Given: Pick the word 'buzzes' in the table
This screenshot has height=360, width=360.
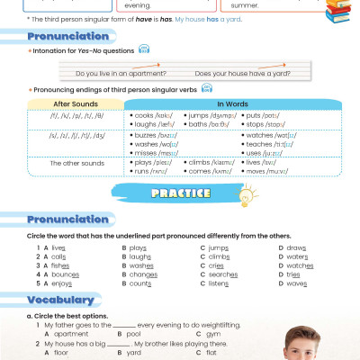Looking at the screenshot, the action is [146, 135].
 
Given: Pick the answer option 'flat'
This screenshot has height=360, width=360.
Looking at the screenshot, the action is [214, 354].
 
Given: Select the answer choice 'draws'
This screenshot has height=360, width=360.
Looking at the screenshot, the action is [297, 247].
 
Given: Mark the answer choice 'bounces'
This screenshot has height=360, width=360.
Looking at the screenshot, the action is [65, 274].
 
